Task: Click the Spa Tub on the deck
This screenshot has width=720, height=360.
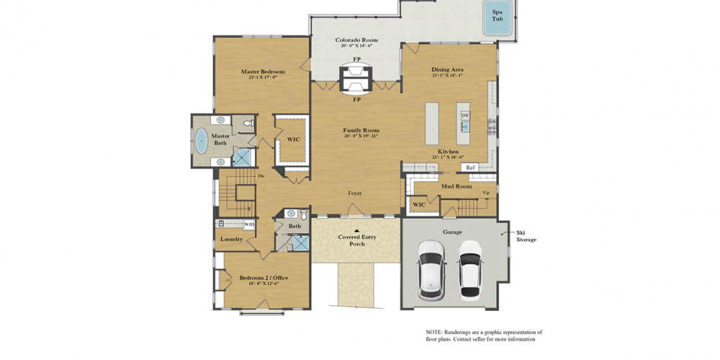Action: tap(498, 16)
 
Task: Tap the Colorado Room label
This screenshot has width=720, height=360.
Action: tap(356, 40)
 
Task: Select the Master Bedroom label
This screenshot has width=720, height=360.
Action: tap(263, 72)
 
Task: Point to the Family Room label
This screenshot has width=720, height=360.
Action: tap(361, 130)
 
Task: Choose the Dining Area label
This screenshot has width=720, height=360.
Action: tap(447, 70)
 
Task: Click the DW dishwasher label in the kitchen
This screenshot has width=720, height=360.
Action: tap(465, 115)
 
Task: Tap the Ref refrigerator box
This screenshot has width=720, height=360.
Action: tap(470, 168)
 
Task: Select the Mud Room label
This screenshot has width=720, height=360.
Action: tap(456, 186)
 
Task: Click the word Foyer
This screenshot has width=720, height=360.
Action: tap(355, 193)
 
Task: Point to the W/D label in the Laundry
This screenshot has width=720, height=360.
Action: tap(249, 225)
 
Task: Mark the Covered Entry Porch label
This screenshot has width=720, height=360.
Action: tap(357, 240)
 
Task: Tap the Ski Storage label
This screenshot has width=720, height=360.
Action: tap(526, 235)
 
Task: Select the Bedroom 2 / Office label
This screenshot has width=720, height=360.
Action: tap(264, 278)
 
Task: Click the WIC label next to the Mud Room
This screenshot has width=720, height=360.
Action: tap(418, 204)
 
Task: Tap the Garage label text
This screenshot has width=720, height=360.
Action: tap(452, 232)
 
